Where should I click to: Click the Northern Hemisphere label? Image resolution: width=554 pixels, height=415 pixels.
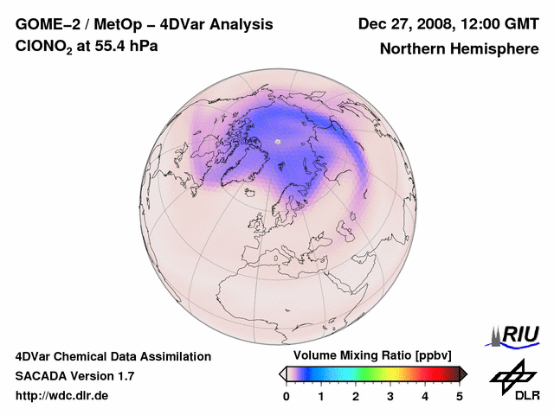[459, 48]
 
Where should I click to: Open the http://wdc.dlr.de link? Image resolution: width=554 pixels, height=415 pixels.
[62, 396]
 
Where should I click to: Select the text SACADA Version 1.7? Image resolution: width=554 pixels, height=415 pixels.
[74, 376]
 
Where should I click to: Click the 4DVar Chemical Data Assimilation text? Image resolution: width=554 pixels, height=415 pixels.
[113, 356]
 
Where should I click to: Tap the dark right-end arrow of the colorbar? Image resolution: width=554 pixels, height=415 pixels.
[463, 373]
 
